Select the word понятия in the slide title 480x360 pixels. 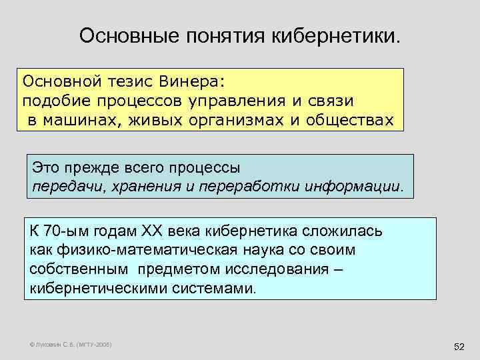tap(227, 34)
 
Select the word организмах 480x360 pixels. tap(234, 120)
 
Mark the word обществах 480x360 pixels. tap(350, 120)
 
